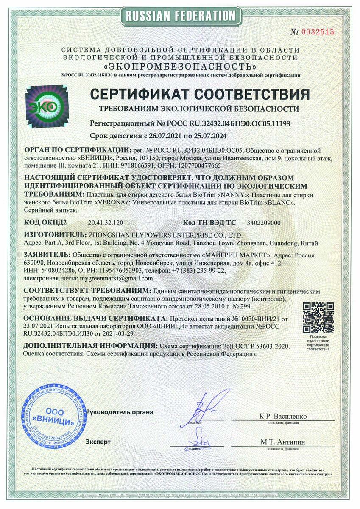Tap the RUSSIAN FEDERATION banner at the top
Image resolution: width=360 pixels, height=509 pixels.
180,16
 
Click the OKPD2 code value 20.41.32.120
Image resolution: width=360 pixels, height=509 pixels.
105,222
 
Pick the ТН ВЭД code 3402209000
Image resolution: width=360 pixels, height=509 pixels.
263,222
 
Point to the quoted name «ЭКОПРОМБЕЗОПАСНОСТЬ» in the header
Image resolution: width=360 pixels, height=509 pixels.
180,67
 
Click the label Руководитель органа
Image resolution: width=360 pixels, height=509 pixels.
120,412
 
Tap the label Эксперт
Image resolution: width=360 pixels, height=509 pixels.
98,442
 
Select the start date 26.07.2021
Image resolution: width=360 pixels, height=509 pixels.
162,136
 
